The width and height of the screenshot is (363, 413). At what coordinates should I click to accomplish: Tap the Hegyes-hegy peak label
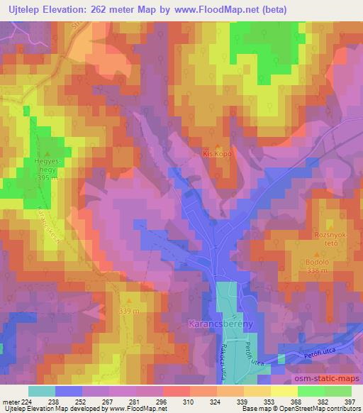[47, 165]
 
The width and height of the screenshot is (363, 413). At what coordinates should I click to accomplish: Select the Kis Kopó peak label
[217, 153]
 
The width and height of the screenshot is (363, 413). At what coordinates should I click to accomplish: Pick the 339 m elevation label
[129, 312]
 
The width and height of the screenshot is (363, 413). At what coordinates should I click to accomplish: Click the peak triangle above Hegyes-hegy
[48, 153]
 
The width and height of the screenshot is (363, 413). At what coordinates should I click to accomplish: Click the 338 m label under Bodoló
[317, 270]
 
